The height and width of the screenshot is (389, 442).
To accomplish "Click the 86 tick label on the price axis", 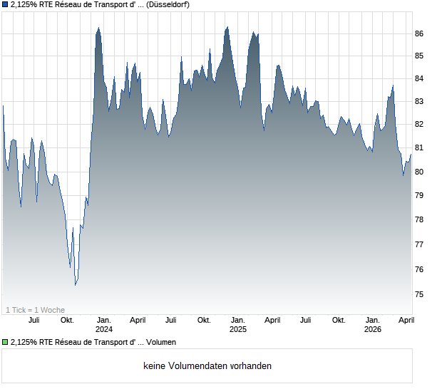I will tap(420, 33).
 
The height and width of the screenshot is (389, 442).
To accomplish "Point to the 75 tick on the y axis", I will tap(420, 294).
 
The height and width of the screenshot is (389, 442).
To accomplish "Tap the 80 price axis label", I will tap(420, 172).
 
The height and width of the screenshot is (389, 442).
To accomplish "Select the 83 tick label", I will tap(420, 101).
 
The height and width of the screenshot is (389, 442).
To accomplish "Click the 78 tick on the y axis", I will tap(420, 219).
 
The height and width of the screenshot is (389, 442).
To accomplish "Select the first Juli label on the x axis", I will tap(34, 321).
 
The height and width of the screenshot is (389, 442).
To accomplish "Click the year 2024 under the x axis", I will tap(104, 330).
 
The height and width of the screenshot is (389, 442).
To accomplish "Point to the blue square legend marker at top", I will tap(5, 5).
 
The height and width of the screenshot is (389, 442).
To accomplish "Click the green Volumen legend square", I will tap(5, 343).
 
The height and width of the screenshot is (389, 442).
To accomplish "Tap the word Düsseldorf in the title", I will tap(169, 5).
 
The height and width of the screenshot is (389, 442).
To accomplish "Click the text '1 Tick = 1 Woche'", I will tap(35, 310).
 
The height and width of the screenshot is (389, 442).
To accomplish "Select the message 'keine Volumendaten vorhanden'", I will tap(207, 366).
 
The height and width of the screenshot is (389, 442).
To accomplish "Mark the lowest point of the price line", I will tap(75, 285).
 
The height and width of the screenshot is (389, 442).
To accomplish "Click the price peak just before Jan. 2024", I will tap(98, 28).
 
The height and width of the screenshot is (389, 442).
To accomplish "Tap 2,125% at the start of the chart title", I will tap(25, 5).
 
